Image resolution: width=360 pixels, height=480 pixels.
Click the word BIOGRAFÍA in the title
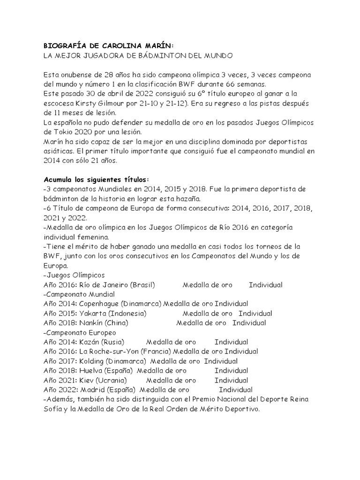63,46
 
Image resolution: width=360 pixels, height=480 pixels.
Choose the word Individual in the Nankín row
249,323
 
